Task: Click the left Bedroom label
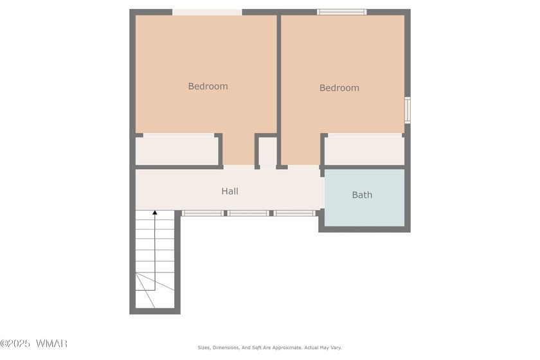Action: point(208,86)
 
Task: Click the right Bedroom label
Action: point(339,88)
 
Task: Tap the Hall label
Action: point(230,191)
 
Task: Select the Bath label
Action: point(362,195)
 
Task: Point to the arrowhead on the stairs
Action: point(155,213)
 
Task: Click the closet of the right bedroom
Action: point(364,151)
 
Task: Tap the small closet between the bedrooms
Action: point(267,151)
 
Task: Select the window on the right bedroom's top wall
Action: point(341,12)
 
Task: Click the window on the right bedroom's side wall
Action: point(408,110)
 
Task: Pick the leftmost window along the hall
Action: point(203,213)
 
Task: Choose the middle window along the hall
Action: point(248,213)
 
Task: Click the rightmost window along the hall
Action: point(294,213)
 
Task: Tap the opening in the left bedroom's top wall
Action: point(207,12)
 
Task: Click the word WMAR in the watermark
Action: point(51,343)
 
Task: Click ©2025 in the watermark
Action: point(15,343)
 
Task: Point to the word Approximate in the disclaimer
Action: point(287,348)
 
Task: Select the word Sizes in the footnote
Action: point(204,348)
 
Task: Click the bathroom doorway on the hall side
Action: point(322,193)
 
